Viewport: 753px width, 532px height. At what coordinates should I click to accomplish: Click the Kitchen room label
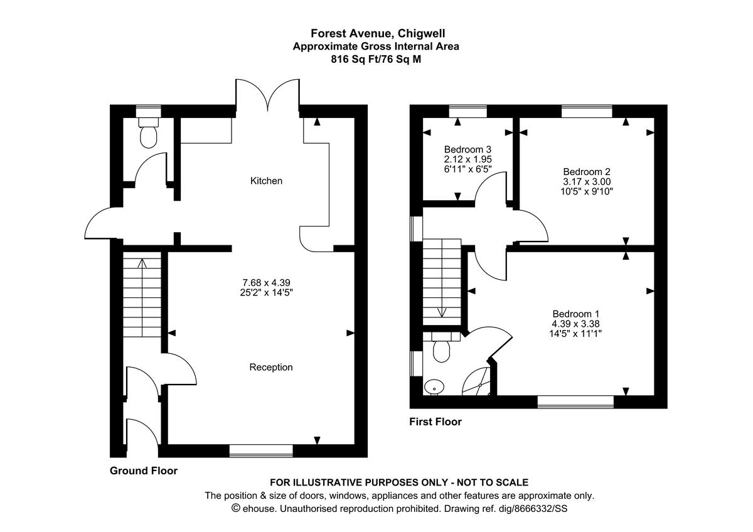point(266,181)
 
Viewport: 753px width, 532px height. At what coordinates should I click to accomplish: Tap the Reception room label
point(270,367)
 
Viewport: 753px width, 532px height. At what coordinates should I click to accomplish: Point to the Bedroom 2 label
point(587,171)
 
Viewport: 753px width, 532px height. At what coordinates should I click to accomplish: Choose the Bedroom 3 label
point(467,149)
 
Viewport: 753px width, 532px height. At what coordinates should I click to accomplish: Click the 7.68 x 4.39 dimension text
point(266,282)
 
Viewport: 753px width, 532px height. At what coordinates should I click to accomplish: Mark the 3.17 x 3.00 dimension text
point(587,181)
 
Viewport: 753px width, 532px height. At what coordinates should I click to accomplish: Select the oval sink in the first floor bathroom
point(432,387)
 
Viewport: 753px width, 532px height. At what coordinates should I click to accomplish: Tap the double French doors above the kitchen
point(268,97)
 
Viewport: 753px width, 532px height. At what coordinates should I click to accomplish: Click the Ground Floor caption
point(144,471)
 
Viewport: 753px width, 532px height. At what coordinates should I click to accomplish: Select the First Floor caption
point(435,422)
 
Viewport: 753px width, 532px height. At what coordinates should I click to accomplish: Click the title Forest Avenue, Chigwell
point(376,33)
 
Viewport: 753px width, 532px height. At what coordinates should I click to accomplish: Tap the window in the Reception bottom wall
point(261,450)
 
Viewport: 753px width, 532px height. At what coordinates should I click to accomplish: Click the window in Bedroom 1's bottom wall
point(575,402)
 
